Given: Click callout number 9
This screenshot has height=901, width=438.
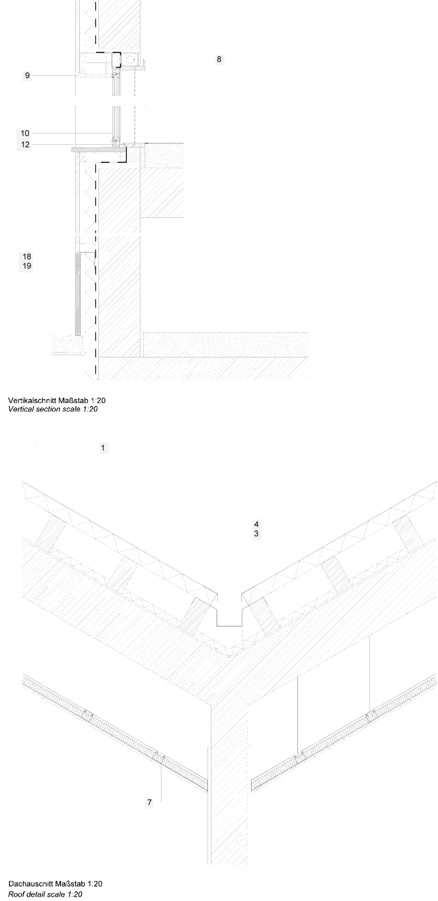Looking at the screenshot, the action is [28, 76].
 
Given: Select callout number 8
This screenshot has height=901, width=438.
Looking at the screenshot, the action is [219, 59].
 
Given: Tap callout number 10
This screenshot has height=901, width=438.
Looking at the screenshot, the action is [25, 133].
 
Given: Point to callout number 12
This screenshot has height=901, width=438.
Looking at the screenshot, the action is [25, 145].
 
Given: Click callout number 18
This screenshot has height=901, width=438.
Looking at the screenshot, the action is [27, 256].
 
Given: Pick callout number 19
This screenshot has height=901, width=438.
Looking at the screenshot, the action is [27, 266].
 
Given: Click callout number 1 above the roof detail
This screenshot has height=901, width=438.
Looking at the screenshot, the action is [103, 448].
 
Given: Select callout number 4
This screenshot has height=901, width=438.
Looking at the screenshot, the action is [256, 524].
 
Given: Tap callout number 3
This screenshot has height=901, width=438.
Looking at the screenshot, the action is [256, 533].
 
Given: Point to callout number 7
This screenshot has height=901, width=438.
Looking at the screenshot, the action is [149, 803].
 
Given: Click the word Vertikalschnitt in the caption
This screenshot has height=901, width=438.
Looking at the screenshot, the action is [29, 400].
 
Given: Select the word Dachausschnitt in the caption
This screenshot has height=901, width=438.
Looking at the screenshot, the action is [30, 884].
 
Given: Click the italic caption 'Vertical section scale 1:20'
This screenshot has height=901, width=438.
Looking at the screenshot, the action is [53, 409].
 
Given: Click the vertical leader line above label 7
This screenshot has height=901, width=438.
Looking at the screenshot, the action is [161, 783].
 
